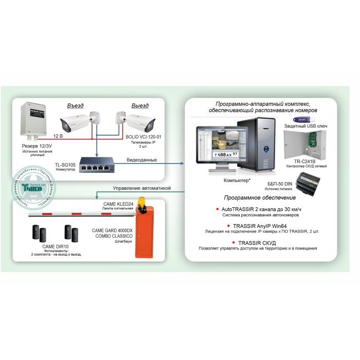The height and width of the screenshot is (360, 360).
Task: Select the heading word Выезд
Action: pos(140,106)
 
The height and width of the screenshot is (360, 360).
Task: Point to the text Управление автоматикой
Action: pos(141,188)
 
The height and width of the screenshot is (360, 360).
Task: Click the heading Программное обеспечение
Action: pos(260,197)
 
